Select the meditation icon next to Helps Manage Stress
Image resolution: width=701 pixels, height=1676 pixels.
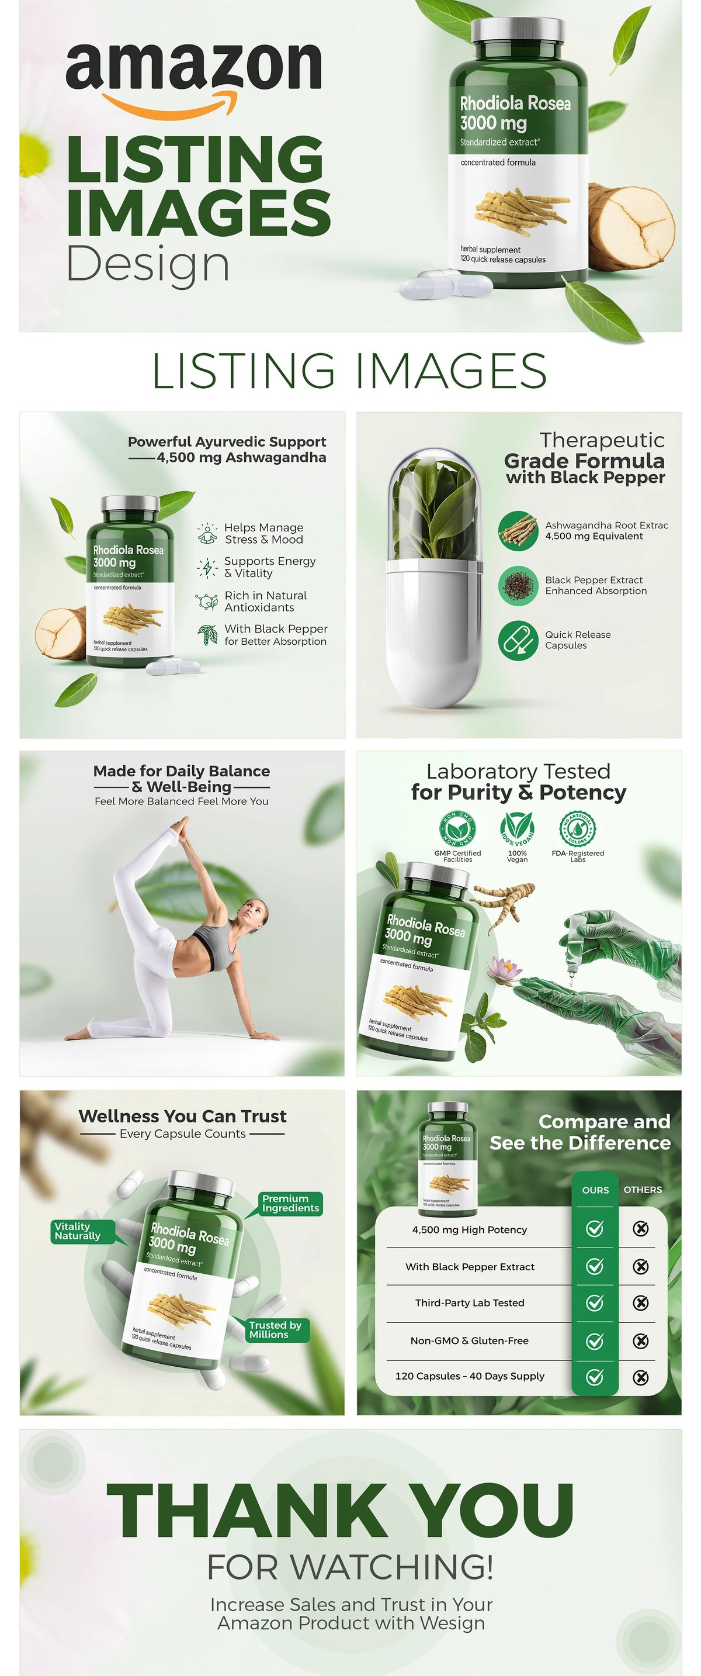[207, 533]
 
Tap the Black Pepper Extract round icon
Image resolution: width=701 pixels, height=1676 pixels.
[518, 585]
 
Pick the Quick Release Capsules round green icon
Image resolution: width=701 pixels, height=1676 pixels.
[518, 640]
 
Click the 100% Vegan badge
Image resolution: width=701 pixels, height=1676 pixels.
[517, 828]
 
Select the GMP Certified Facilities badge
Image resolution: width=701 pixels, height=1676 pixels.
[458, 828]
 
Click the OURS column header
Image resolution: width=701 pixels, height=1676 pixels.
[595, 1190]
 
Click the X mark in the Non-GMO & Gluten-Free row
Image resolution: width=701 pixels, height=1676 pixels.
[640, 1341]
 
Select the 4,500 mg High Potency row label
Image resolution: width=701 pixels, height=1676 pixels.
[470, 1230]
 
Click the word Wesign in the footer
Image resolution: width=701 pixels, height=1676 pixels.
[453, 1623]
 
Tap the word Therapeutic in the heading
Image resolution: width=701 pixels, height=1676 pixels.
[602, 440]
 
